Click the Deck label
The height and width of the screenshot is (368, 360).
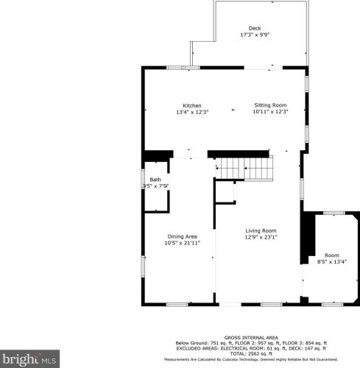coord(254,28)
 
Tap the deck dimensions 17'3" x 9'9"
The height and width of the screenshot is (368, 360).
coord(254,35)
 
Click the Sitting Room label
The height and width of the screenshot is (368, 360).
coord(269,105)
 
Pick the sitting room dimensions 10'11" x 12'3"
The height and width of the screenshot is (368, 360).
coord(269,112)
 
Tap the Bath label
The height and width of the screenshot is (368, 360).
coord(155,180)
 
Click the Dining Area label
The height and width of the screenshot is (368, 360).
coord(180,236)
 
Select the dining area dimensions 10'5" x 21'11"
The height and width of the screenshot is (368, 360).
coord(180,242)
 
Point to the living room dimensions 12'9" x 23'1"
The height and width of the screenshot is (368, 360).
coord(261,237)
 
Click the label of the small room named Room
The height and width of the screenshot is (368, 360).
coord(331,255)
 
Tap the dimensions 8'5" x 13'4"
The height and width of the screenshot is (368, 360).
coord(331,261)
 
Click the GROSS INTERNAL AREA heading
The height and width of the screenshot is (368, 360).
coord(250,337)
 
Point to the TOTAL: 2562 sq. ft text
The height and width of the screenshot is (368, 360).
coord(250,353)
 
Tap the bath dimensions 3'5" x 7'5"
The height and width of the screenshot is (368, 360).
coord(155,186)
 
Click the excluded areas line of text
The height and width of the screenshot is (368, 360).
coord(250,348)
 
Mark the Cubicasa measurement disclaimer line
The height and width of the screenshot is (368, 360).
coord(250,359)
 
